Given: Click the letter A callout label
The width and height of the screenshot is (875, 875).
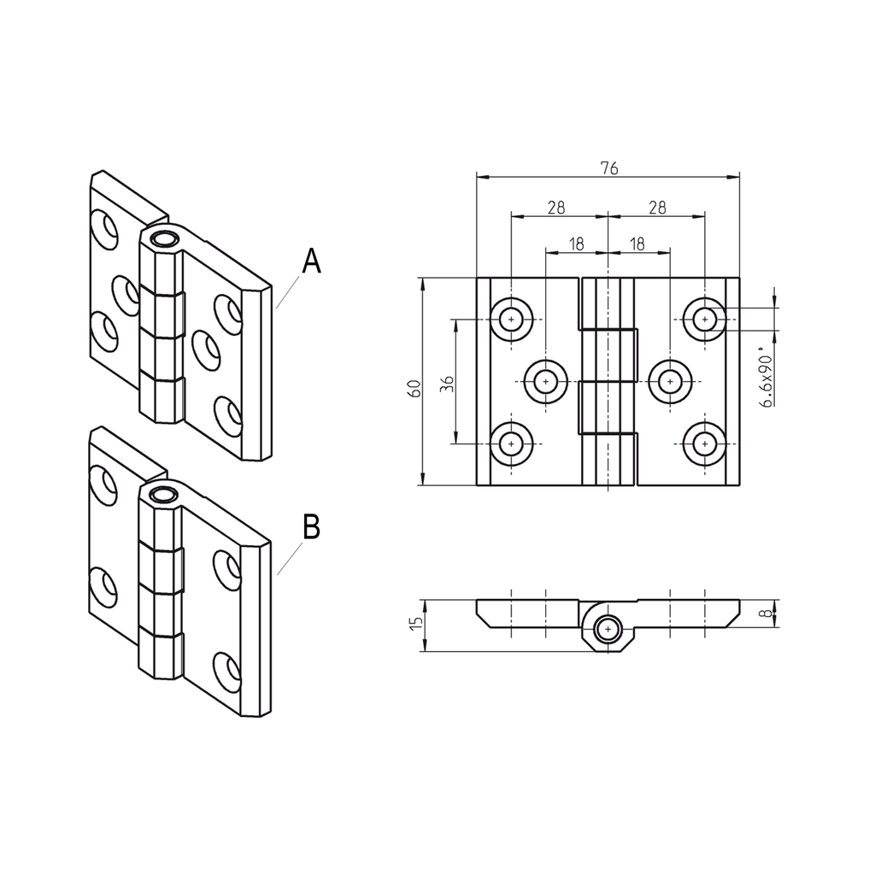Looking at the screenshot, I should click(312, 261).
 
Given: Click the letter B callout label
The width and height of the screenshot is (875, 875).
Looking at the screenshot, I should click(312, 527).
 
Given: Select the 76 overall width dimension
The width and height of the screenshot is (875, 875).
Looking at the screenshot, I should click(608, 167).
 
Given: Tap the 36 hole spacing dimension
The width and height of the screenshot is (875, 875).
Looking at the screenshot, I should click(446, 382).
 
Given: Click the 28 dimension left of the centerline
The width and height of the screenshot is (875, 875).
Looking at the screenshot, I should click(557, 207).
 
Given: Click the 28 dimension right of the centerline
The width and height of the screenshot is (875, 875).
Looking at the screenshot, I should click(656, 207).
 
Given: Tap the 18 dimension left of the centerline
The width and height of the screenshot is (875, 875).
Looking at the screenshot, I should click(576, 244).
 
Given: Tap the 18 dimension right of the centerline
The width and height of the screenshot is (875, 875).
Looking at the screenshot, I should click(637, 244).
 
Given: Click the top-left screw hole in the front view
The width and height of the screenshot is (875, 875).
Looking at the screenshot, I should click(511, 319).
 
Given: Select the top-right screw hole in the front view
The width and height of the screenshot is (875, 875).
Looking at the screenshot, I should click(704, 319).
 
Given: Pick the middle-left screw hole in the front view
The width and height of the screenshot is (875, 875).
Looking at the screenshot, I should click(546, 381).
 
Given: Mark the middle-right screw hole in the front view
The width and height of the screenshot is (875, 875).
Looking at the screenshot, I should click(670, 381).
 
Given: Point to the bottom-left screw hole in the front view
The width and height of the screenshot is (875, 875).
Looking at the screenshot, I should click(511, 443).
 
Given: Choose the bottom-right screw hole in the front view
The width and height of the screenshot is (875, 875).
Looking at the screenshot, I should click(704, 443).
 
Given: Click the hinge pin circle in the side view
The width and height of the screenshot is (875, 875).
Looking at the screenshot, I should click(608, 629).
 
